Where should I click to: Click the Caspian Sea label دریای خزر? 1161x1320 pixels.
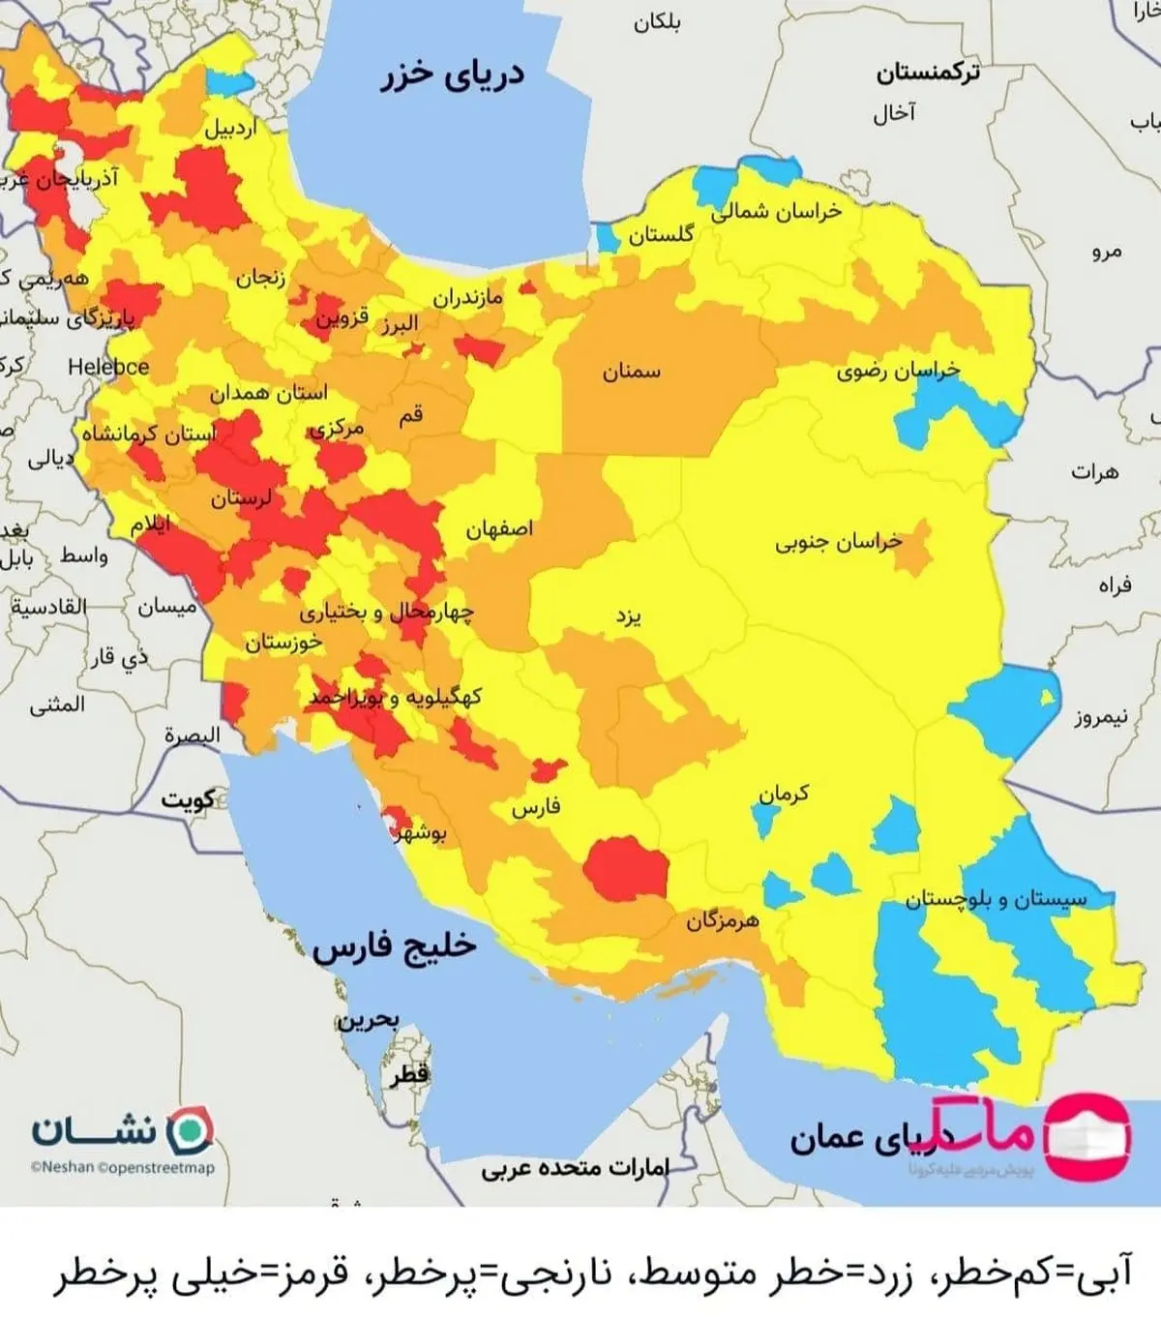(x=452, y=75)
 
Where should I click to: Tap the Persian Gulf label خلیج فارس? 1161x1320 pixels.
(x=395, y=945)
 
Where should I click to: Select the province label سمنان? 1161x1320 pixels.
(x=632, y=371)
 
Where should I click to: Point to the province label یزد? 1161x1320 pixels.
(x=629, y=615)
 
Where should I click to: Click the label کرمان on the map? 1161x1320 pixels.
(x=784, y=795)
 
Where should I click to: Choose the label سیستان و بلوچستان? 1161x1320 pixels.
(x=996, y=899)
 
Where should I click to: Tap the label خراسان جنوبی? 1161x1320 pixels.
(x=838, y=542)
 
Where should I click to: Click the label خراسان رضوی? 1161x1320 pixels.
(x=898, y=371)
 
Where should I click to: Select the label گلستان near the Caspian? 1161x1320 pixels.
(x=661, y=233)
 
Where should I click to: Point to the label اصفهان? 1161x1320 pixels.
(x=499, y=529)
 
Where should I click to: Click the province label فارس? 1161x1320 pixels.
(x=536, y=807)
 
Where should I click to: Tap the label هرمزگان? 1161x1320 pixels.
(x=723, y=920)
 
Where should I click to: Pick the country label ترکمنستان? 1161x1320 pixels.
(x=928, y=73)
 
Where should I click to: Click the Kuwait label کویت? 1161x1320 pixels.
(x=189, y=799)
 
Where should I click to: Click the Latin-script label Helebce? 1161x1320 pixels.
(x=108, y=367)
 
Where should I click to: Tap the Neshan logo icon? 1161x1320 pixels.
(x=189, y=1130)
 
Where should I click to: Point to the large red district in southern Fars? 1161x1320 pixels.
(x=626, y=869)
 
